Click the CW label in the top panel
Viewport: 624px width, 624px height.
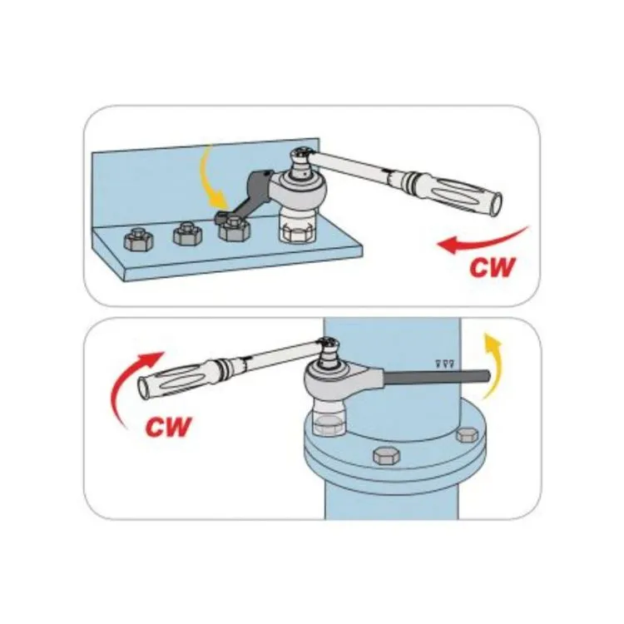pyautogui.click(x=493, y=268)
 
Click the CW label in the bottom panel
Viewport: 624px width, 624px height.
pyautogui.click(x=168, y=427)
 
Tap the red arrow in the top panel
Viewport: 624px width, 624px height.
pyautogui.click(x=483, y=240)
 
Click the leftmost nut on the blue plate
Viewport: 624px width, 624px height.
pyautogui.click(x=138, y=239)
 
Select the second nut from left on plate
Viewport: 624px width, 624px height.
pyautogui.click(x=187, y=233)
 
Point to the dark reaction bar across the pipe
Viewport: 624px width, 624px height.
pyautogui.click(x=437, y=376)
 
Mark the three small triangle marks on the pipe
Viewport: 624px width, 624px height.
pyautogui.click(x=445, y=363)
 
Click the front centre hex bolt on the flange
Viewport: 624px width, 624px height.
pyautogui.click(x=386, y=455)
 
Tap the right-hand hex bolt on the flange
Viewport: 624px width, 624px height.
pyautogui.click(x=468, y=435)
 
